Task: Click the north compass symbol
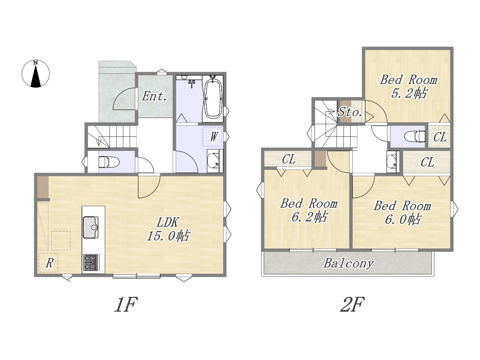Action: [36, 73]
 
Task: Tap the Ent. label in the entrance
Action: [154, 96]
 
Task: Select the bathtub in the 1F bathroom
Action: [213, 99]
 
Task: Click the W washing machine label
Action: [213, 137]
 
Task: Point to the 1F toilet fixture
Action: [109, 162]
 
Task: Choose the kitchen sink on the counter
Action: [90, 227]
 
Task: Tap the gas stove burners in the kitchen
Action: [90, 262]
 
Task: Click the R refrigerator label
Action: [49, 263]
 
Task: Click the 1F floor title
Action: [126, 304]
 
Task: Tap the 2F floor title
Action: [352, 304]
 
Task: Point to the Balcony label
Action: [349, 263]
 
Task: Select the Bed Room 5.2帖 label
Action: [408, 87]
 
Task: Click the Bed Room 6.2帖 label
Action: [309, 210]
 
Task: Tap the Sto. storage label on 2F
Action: [350, 112]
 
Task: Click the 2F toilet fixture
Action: [415, 136]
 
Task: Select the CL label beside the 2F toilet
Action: [440, 137]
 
